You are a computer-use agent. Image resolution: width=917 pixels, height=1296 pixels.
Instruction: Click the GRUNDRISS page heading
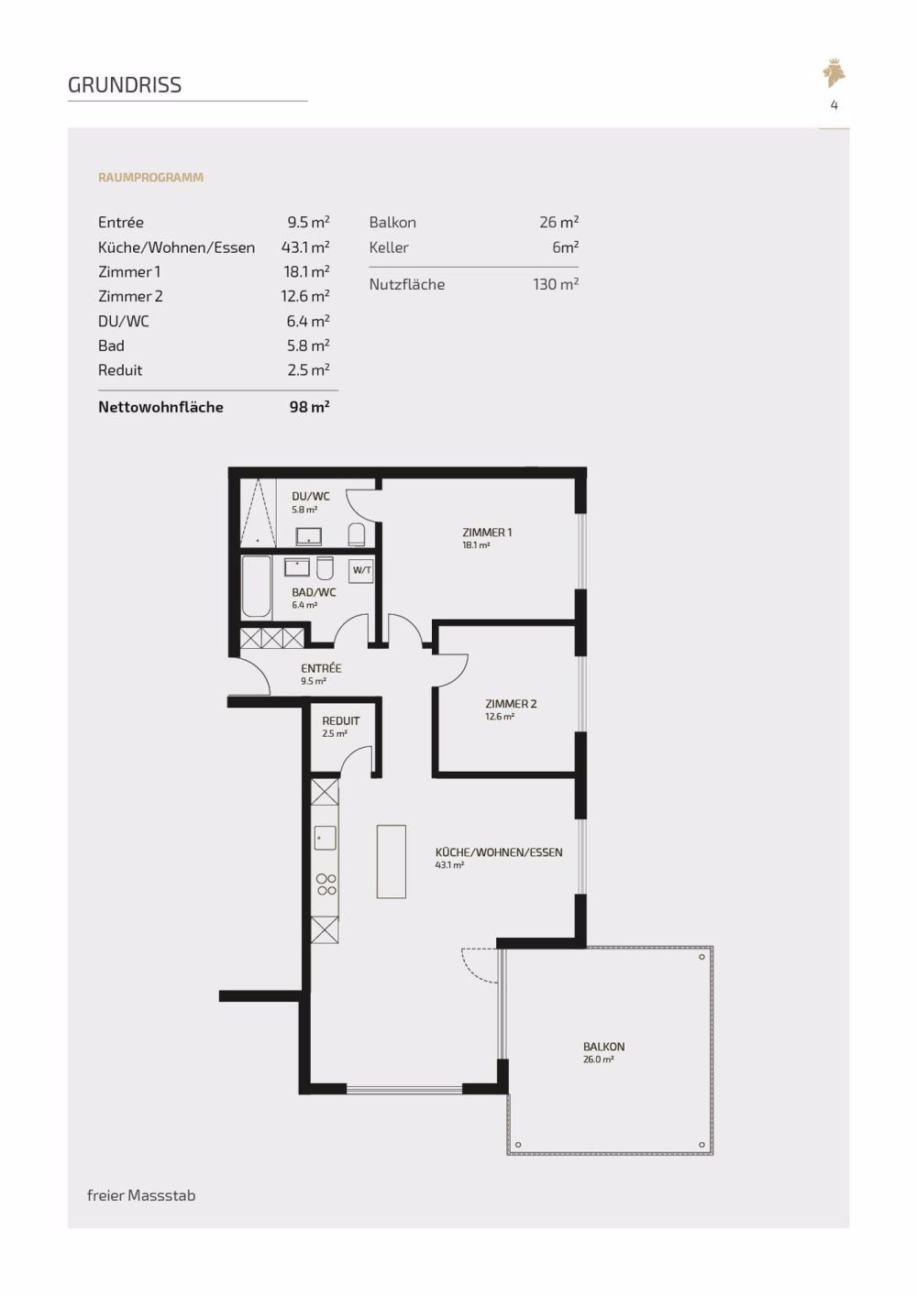tap(125, 85)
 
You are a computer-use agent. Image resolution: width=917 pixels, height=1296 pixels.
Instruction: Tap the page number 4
tap(834, 105)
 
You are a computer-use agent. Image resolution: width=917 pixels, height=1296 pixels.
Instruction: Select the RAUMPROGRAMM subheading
tap(150, 178)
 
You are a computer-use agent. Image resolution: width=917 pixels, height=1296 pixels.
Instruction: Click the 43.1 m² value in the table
tap(305, 247)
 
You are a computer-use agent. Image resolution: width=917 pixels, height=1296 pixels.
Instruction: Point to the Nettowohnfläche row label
tap(160, 407)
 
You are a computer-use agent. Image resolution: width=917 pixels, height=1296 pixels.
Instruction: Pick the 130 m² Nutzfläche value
tap(555, 284)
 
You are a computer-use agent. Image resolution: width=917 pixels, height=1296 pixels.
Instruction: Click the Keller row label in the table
tap(389, 247)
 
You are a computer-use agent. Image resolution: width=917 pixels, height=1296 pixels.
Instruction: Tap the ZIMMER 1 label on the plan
tap(487, 533)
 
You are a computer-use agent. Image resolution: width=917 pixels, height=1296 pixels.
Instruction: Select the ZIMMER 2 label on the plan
tap(511, 704)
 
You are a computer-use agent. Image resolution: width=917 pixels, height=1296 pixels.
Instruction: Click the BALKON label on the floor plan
tap(603, 1047)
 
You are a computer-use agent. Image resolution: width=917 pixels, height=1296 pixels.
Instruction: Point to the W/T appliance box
tap(361, 570)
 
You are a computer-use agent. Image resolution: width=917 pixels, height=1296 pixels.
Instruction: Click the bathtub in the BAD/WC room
tap(256, 587)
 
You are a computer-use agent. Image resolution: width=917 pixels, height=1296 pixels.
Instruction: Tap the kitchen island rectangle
tap(391, 862)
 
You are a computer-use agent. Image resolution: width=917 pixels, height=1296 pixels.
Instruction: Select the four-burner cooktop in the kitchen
tap(326, 884)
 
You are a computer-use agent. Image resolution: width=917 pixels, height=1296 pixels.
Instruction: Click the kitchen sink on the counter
tap(325, 838)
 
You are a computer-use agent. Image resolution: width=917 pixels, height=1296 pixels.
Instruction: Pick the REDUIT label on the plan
tap(340, 721)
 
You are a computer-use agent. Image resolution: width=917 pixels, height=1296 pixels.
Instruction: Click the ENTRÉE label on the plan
tap(321, 669)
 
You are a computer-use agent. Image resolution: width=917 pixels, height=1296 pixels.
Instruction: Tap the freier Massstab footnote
tap(141, 1195)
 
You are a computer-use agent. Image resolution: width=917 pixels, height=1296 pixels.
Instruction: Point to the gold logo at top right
tap(834, 73)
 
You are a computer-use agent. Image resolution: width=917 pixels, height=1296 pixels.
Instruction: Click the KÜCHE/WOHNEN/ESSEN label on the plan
tap(499, 852)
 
